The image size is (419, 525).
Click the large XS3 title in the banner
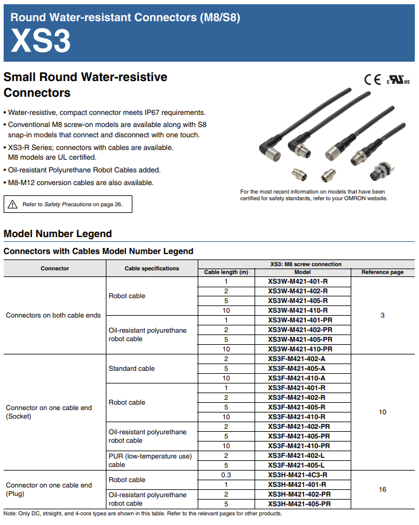[41, 41]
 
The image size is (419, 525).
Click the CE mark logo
[372, 79]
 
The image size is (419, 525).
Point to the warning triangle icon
[13, 204]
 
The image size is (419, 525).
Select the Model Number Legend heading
[57, 233]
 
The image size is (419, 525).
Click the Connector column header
[55, 268]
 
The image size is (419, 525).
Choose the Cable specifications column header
[152, 268]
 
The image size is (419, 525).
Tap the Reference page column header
[382, 272]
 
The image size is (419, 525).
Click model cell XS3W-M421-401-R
[297, 281]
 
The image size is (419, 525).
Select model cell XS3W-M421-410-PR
[300, 349]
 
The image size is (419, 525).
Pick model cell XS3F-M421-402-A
[297, 359]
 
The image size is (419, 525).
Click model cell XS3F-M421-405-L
[297, 465]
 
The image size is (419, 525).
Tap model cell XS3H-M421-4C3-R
[297, 475]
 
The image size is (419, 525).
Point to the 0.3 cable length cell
[226, 475]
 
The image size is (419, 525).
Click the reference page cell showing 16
[382, 489]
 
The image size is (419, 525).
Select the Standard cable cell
[132, 368]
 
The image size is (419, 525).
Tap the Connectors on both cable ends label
[53, 315]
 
